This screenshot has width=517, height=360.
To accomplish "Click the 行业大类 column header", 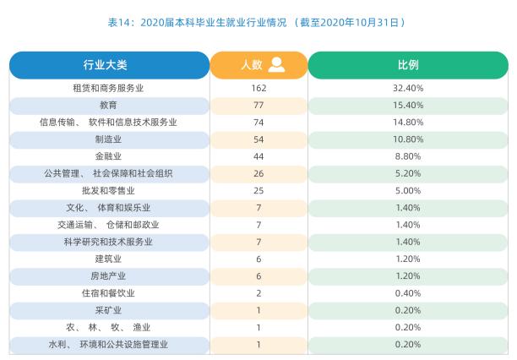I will point(109,65).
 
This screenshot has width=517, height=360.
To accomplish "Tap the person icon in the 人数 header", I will point(276,65).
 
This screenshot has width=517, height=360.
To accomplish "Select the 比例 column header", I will point(408,65).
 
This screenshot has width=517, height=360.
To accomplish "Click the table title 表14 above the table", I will point(258,21).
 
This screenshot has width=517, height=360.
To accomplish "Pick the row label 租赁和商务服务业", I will point(109,88).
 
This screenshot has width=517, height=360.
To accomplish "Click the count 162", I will point(258,88).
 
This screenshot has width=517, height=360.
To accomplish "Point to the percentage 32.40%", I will point(408,88).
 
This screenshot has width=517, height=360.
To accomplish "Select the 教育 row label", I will point(109,105).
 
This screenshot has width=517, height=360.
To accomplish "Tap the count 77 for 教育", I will point(258,105).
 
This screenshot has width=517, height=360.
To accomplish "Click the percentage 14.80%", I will point(408,123).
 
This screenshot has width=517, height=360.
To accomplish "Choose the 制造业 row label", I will point(109,139).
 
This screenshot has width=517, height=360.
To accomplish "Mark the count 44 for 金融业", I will point(258,156).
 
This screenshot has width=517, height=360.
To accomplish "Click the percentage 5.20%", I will point(408,174).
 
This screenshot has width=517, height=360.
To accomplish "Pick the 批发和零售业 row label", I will point(109,191).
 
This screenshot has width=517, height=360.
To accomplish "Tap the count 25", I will point(258,191).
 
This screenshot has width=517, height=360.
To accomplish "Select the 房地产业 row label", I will point(109,276).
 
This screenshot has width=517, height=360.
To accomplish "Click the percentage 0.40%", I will point(408,293).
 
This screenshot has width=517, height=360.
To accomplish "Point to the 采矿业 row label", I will point(109,310).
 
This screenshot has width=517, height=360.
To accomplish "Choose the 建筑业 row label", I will point(109,259).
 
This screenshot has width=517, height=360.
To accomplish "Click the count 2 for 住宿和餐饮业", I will point(258,293).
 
